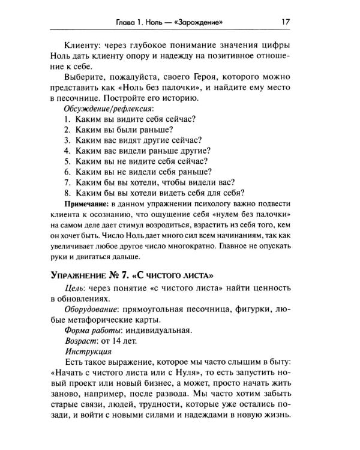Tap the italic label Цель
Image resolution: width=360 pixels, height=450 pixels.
pyautogui.click(x=74, y=290)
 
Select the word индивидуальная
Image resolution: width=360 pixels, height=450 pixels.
pyautogui.click(x=162, y=329)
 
